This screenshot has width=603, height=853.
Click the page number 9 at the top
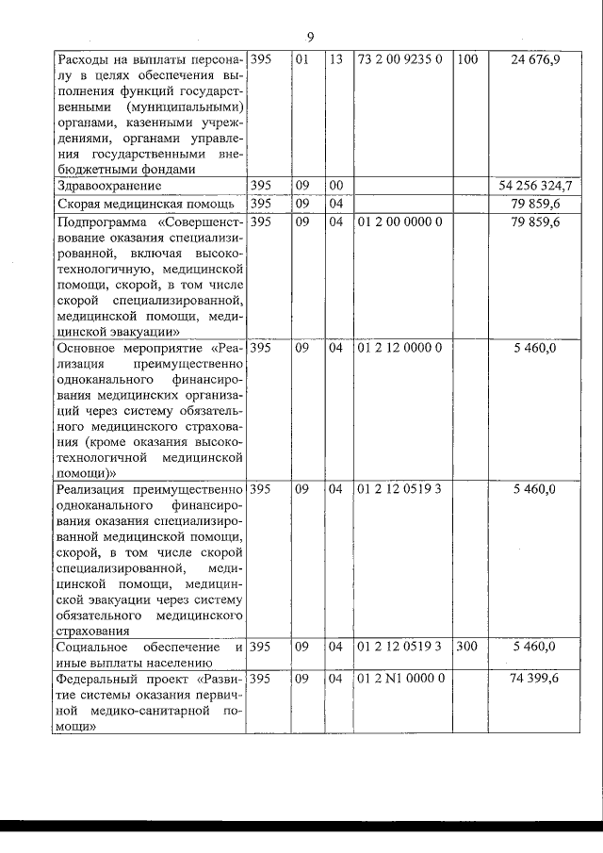(x=310, y=37)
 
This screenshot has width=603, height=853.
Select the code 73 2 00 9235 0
(x=399, y=60)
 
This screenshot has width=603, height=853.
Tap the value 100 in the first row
(x=467, y=60)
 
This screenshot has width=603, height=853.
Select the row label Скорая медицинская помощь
(x=138, y=204)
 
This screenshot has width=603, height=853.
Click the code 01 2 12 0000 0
(x=399, y=347)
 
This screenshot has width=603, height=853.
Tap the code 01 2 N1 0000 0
(x=400, y=678)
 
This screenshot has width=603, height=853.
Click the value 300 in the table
(x=467, y=647)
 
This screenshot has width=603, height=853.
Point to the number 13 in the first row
(x=335, y=60)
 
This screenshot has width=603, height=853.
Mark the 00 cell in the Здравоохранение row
(x=335, y=187)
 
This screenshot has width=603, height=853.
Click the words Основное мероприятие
(x=128, y=347)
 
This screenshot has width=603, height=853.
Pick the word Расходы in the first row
(x=82, y=60)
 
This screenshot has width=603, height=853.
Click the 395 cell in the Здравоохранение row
(x=263, y=187)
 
